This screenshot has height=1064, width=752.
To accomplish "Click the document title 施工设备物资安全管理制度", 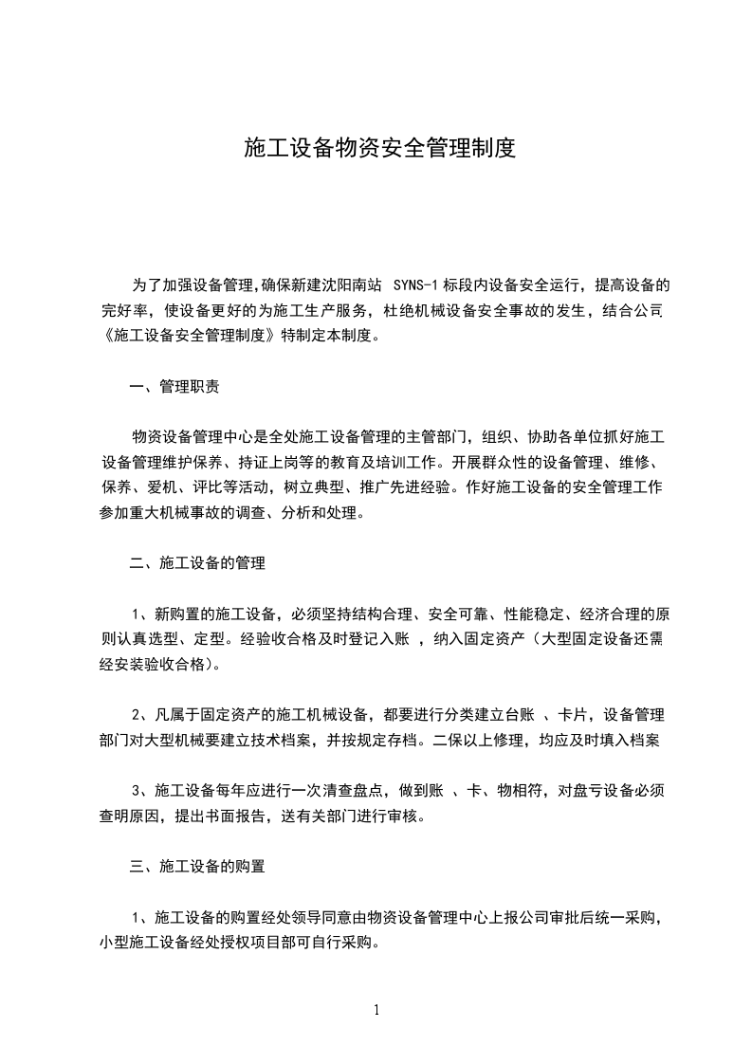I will pyautogui.click(x=379, y=148).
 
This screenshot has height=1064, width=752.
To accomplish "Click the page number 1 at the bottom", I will pyautogui.click(x=376, y=1010).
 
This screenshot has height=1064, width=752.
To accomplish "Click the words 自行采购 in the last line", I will pyautogui.click(x=344, y=942).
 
